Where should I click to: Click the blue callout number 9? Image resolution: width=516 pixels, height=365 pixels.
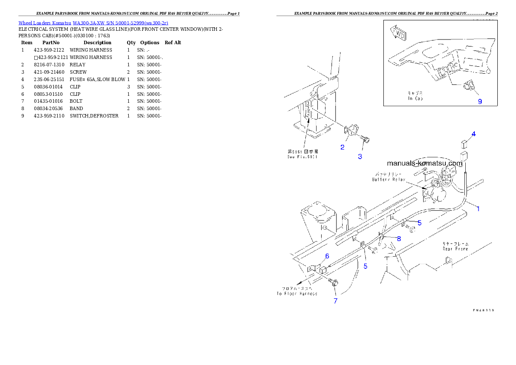pyautogui.click(x=480, y=101)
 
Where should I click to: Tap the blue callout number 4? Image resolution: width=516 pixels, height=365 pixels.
pyautogui.click(x=474, y=134)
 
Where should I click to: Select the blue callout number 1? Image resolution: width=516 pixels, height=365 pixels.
pyautogui.click(x=478, y=209)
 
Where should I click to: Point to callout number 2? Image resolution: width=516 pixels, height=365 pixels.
pyautogui.click(x=342, y=147)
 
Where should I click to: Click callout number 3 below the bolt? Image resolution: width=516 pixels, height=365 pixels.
pyautogui.click(x=360, y=156)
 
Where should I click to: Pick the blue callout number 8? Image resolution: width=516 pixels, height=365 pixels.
pyautogui.click(x=398, y=238)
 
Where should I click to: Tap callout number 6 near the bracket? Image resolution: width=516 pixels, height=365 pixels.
pyautogui.click(x=327, y=256)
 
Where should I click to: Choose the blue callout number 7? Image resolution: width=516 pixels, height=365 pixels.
pyautogui.click(x=335, y=301)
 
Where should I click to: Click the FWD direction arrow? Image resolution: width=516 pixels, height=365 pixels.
pyautogui.click(x=397, y=32)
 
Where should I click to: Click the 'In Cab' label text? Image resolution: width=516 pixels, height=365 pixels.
pyautogui.click(x=415, y=99)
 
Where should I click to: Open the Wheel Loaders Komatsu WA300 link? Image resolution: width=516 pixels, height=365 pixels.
pyautogui.click(x=93, y=23)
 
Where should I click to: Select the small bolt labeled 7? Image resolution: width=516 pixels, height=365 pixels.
pyautogui.click(x=333, y=283)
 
